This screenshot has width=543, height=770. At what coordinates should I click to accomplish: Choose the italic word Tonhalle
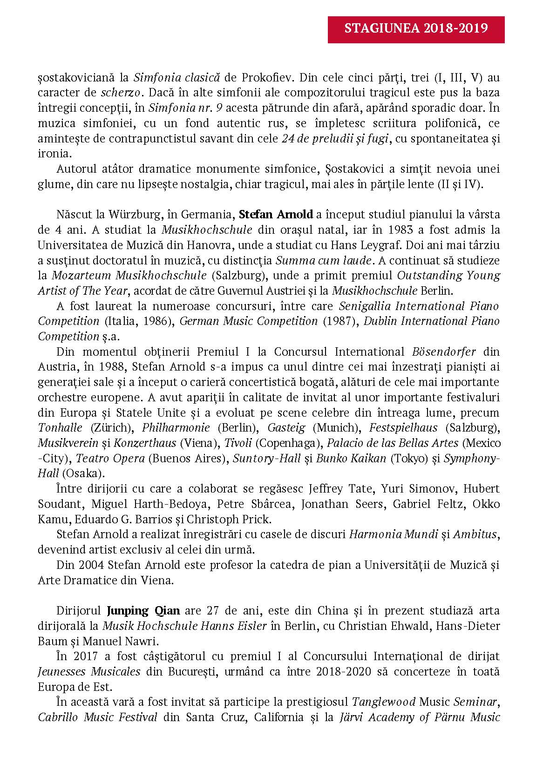[60, 428]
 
